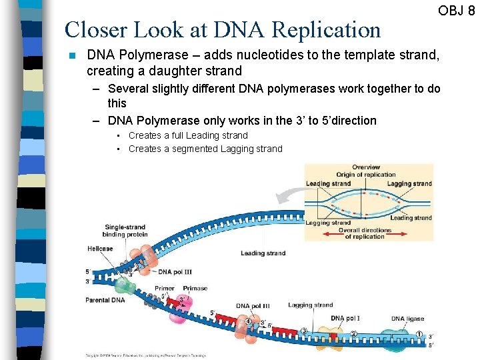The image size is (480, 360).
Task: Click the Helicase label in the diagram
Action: [99, 249]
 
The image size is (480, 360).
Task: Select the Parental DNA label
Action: [105, 300]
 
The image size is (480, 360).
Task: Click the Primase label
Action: [195, 289]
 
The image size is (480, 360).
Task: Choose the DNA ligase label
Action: [407, 319]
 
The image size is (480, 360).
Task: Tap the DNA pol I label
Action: [345, 319]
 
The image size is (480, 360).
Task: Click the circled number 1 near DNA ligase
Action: [419, 335]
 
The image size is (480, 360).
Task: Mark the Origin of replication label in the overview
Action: [366, 175]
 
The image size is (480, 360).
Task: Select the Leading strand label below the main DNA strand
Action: [263, 253]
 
